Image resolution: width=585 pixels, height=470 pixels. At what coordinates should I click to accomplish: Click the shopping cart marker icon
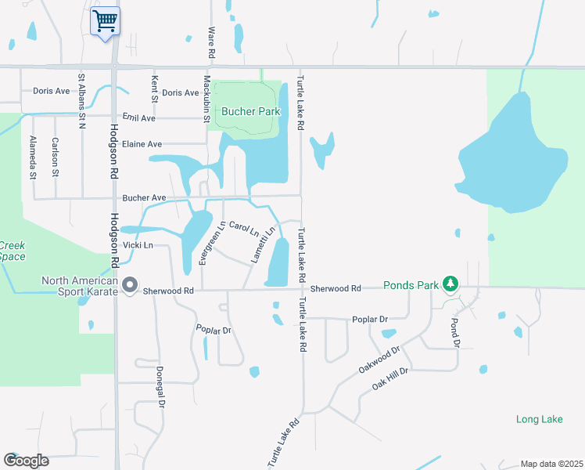point(105,20)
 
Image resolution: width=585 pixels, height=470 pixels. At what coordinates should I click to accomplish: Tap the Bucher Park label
point(250,111)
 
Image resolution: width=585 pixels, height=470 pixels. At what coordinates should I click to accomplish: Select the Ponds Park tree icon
point(450,284)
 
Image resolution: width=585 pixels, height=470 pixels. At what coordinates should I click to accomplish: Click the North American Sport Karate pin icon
point(130,284)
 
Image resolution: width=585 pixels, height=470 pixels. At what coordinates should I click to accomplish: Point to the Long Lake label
point(539,419)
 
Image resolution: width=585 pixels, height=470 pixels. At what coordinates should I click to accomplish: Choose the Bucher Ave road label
point(145,198)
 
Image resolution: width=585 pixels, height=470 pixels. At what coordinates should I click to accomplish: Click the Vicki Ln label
point(137,245)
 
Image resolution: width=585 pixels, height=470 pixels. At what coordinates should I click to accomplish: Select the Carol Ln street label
point(244,229)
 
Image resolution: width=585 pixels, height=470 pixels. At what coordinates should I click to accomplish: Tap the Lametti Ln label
point(263,245)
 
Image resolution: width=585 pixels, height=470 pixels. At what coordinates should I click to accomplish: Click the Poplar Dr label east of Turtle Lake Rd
point(370,320)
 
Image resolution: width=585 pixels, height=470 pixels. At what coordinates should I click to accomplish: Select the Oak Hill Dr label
point(390,378)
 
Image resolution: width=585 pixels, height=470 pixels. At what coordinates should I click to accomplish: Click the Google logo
point(26,461)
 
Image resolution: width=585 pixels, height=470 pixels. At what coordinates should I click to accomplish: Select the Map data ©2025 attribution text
point(551,464)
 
